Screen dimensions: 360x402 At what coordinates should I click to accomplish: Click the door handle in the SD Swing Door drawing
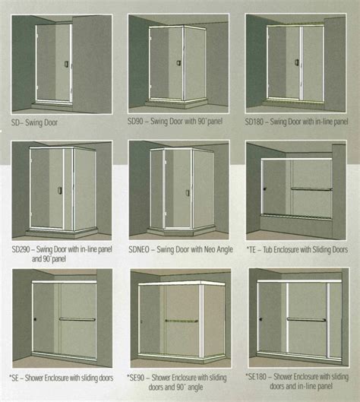(x=66, y=65)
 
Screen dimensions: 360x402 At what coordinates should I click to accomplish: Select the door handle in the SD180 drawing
(x=297, y=62)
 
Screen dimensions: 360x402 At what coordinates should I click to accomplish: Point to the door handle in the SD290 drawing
(x=60, y=191)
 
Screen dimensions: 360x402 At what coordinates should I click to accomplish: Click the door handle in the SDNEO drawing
(x=188, y=193)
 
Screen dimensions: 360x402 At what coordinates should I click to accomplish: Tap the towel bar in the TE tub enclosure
(x=311, y=189)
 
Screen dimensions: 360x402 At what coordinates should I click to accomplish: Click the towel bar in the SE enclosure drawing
(x=77, y=319)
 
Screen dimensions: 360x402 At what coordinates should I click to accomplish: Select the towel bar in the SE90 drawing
(x=182, y=321)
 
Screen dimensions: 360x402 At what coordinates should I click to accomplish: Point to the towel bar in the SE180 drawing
(x=306, y=319)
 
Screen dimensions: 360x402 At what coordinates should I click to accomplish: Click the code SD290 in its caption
(x=21, y=249)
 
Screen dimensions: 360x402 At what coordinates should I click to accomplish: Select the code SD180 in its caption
(x=254, y=122)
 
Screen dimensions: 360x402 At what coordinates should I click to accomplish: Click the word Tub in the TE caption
(x=267, y=250)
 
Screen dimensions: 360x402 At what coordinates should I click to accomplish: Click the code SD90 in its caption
(x=135, y=122)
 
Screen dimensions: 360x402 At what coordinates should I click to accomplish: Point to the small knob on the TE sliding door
(x=265, y=189)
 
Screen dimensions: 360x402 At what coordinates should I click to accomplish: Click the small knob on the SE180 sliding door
(x=261, y=319)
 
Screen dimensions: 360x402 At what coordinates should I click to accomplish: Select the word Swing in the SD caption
(x=33, y=123)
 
